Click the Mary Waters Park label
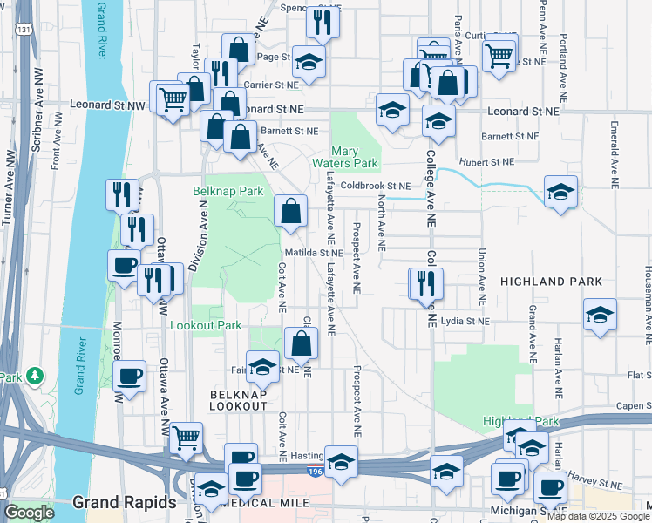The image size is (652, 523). [345, 157]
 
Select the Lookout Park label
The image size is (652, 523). [205, 325]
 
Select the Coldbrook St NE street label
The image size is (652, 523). [375, 186]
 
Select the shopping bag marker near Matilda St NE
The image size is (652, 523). [290, 211]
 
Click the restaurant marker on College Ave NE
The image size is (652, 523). [426, 283]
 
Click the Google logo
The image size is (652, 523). [30, 513]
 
